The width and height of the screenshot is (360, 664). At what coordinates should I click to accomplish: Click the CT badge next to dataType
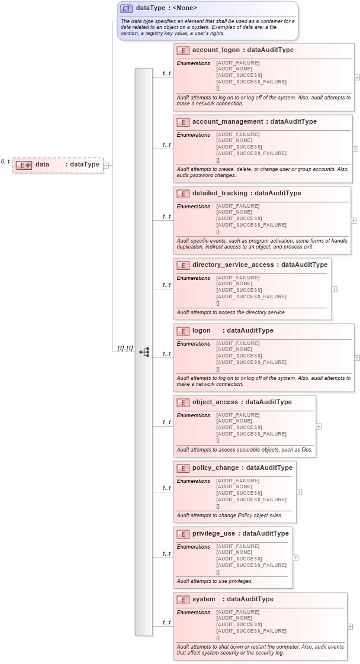(126, 8)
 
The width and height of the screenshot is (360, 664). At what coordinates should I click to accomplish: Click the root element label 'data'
(42, 165)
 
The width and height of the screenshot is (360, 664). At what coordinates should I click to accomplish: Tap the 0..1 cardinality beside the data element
(5, 162)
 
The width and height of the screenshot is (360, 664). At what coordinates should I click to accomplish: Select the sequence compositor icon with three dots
(144, 352)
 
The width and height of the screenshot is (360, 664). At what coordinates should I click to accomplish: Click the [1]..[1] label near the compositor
(125, 349)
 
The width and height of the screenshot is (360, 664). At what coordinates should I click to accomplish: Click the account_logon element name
(216, 50)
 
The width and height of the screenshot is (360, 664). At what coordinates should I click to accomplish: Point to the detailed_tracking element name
(220, 194)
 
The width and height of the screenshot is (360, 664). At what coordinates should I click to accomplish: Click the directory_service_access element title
(233, 265)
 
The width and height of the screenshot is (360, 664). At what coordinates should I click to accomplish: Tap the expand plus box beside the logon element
(356, 357)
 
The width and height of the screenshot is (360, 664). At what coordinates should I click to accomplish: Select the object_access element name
(215, 402)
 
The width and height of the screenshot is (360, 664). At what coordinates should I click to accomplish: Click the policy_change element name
(216, 468)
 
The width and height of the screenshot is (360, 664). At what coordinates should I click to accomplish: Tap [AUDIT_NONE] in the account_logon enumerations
(235, 69)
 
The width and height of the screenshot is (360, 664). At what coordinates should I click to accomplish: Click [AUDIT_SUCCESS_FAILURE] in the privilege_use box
(251, 565)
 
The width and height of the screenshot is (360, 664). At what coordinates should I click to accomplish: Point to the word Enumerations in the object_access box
(194, 415)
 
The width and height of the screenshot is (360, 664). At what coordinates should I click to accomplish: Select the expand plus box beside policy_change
(299, 492)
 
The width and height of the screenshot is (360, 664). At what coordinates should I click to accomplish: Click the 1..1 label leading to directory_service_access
(166, 285)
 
